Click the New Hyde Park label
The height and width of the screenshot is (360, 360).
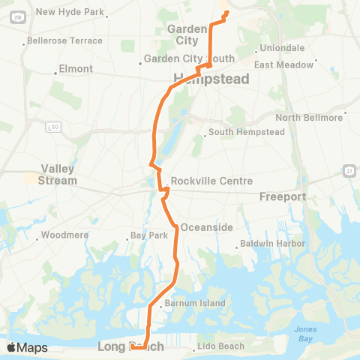71,12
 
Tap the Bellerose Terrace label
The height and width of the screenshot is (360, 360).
64,40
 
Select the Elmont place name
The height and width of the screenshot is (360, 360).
77,69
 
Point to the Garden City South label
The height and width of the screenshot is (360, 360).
189,58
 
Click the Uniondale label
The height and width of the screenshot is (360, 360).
282,50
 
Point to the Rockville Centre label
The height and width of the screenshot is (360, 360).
211,181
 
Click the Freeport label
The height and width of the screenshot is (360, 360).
283,196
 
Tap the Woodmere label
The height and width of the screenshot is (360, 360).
65,235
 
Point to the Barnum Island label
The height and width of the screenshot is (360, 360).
190,304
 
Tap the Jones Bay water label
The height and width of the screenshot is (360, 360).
305,334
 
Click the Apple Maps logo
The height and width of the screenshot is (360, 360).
27,347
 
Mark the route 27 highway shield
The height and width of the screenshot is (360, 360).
349,171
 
